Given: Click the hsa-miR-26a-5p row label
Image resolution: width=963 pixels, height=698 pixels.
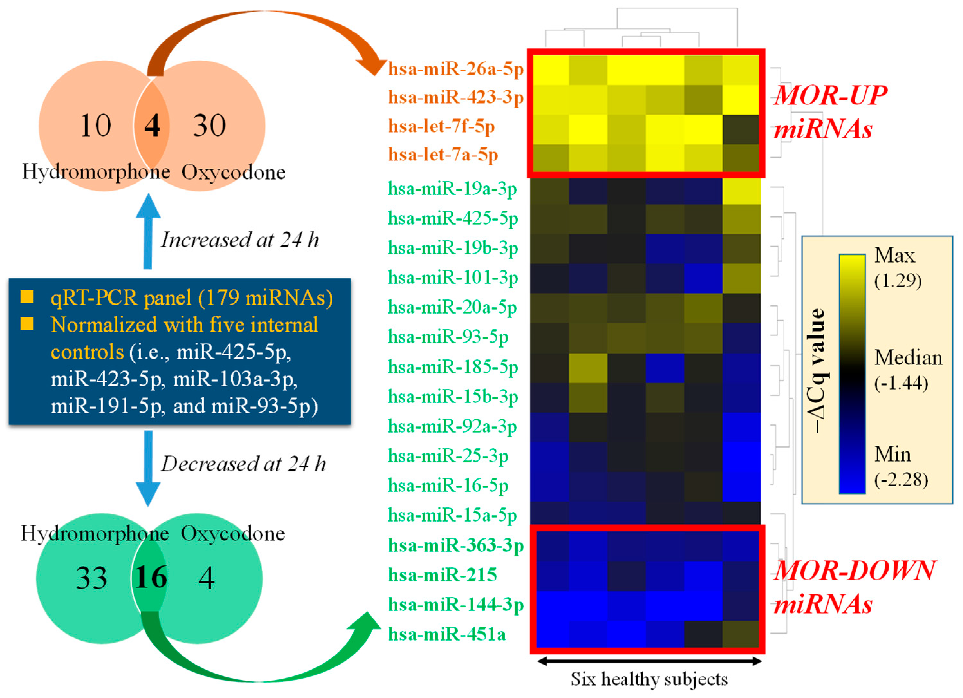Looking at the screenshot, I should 456,69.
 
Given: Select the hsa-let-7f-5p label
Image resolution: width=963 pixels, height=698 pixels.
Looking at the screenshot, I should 442,126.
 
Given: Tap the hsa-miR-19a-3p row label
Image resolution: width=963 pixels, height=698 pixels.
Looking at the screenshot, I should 452,189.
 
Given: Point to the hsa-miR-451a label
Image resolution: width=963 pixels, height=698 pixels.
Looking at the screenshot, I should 447,635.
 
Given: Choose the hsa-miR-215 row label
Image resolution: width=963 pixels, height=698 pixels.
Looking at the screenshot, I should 443,575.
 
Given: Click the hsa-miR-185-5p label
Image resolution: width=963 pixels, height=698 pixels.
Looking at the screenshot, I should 453,367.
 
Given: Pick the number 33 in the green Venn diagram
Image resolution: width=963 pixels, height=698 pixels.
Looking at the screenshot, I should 91,578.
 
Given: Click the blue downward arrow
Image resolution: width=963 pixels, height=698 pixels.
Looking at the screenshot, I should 148,467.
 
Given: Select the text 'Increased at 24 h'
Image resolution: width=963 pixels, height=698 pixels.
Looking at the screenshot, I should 240,240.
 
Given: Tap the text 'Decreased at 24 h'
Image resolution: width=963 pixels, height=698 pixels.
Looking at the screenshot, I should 243,464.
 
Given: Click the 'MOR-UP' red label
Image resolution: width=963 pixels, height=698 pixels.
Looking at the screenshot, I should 830,95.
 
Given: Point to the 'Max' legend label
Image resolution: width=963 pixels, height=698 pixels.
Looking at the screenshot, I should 895,256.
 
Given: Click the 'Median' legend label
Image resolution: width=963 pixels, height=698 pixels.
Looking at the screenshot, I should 908,358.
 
